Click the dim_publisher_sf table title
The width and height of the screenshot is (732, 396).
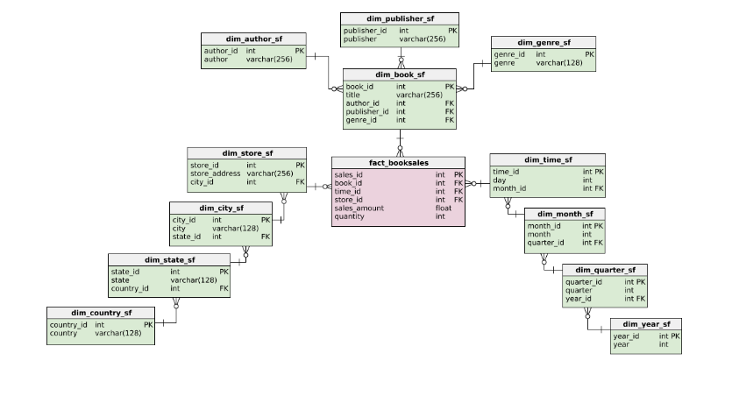[x=400, y=18]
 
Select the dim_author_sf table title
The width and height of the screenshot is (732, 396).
[x=253, y=39]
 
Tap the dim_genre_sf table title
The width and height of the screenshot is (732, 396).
[x=544, y=42]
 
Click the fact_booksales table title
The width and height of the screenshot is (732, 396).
[x=399, y=162]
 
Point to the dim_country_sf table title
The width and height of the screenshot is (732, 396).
[x=102, y=313]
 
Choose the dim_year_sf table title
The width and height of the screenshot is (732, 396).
[x=646, y=324]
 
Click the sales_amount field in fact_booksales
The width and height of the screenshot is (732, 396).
[x=359, y=208]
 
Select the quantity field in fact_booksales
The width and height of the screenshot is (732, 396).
[x=349, y=216]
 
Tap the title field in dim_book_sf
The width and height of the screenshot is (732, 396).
[x=353, y=95]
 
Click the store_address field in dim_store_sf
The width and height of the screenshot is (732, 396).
[x=215, y=173]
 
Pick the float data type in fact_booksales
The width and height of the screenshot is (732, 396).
[x=444, y=208]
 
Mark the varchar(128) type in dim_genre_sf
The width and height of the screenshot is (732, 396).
[x=560, y=63]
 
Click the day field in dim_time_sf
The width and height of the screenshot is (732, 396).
[x=499, y=180]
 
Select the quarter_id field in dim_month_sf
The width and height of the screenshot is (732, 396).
[x=545, y=243]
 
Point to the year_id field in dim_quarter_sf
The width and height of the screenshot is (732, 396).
[x=579, y=299]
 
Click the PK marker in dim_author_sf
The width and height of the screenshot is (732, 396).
[x=299, y=51]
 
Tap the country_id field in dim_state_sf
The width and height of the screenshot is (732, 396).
[x=130, y=288]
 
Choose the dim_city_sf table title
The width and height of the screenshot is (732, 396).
[x=222, y=208]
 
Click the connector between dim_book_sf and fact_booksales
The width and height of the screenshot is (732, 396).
[x=400, y=143]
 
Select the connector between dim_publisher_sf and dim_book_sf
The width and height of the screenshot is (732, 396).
[x=402, y=57]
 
